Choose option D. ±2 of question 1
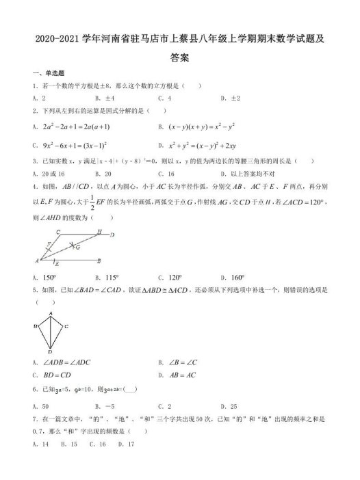(x=230, y=98)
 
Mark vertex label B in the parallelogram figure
(x=99, y=261)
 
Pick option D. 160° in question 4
(x=233, y=278)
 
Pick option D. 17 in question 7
(x=123, y=444)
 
